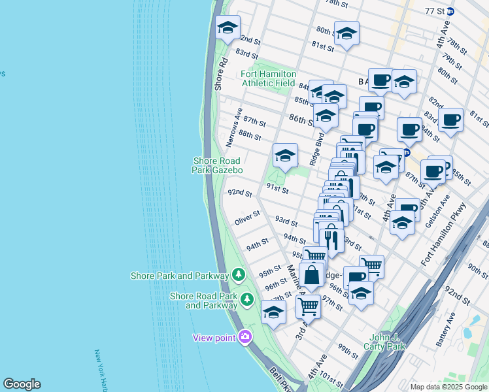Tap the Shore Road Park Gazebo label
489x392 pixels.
pos(218,165)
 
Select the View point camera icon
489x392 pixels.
pos(245,337)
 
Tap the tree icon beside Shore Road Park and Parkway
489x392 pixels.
pos(246,299)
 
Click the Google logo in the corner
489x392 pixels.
pos(22,384)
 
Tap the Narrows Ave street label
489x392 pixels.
pos(233,127)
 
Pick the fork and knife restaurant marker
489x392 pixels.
pos(332,239)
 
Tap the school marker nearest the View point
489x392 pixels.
pos(273,313)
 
